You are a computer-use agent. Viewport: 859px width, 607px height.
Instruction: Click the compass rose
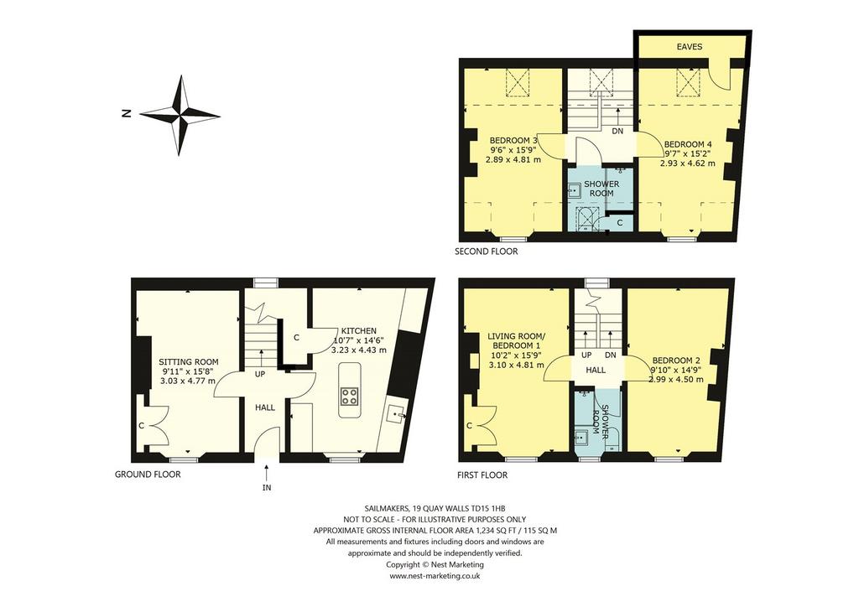point(180,116)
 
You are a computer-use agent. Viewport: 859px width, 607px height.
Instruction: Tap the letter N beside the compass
point(127,114)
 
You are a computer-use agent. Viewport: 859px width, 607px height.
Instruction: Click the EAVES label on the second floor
point(690,46)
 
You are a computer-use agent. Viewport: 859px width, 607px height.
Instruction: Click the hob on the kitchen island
point(350,396)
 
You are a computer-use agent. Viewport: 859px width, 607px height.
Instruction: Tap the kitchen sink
point(396,416)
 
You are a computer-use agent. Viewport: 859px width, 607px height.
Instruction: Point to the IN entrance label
point(267,487)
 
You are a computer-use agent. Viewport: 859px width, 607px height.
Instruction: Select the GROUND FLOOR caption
point(148,474)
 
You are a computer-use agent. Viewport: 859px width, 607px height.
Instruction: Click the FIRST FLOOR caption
point(482,475)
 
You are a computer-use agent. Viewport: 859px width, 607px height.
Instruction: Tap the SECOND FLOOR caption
point(486,252)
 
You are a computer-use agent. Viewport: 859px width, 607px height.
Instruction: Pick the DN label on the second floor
point(617,131)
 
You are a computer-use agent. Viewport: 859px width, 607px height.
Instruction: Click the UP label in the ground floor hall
point(260,375)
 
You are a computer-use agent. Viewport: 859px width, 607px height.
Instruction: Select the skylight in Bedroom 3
point(516,82)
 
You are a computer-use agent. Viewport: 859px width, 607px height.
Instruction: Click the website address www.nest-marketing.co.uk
point(435,576)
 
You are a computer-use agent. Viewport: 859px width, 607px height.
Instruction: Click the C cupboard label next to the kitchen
point(296,338)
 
